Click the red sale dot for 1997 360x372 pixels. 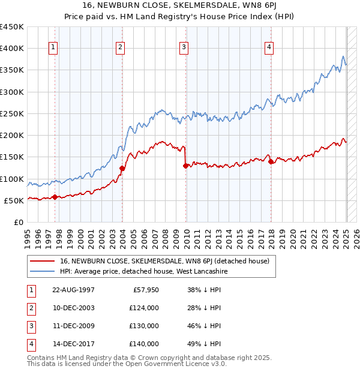[x=55, y=197]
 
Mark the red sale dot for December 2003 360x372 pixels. [x=122, y=168]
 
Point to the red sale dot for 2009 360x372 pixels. [x=185, y=166]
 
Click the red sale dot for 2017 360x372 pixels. [x=271, y=161]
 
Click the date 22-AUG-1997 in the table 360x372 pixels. [x=73, y=290]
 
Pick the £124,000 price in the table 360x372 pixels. [x=144, y=308]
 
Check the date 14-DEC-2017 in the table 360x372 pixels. [x=73, y=344]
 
